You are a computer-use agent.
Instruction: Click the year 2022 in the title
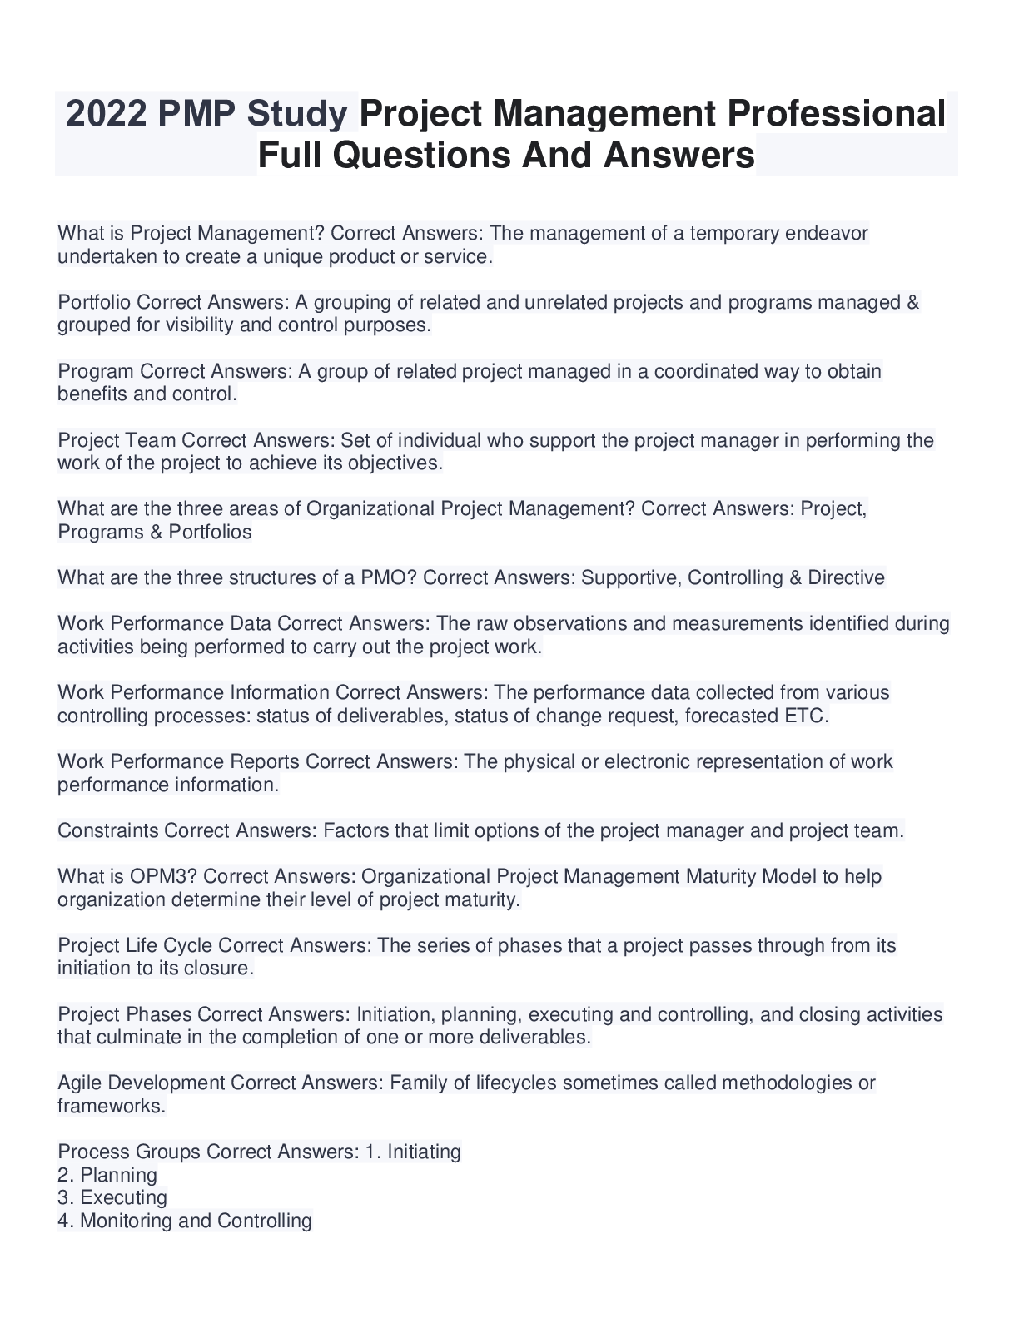[105, 114]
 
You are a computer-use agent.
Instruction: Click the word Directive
[846, 577]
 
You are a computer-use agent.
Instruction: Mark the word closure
[222, 969]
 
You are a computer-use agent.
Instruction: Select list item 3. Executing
[112, 1198]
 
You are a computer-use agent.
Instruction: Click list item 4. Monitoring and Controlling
[185, 1221]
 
